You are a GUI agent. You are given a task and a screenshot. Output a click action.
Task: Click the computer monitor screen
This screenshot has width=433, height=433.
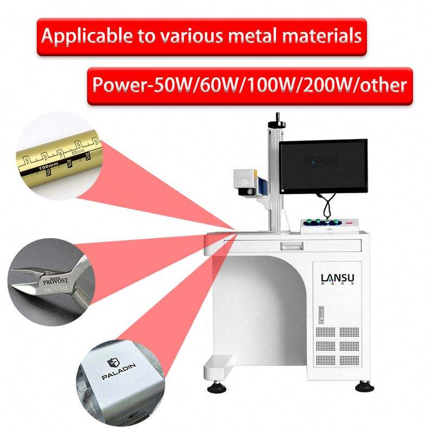pyautogui.click(x=324, y=166)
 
